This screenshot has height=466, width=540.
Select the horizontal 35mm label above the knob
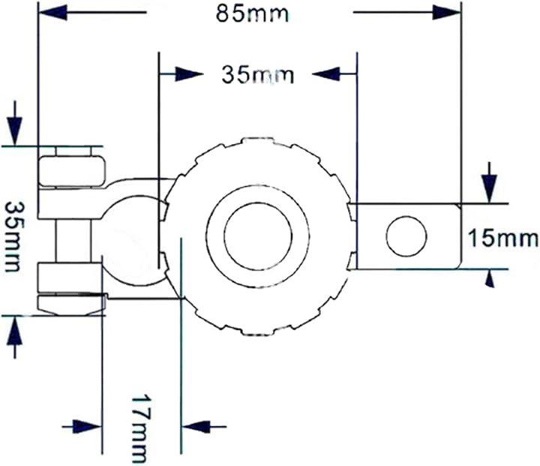click(x=257, y=74)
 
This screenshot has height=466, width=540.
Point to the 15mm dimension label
click(x=502, y=239)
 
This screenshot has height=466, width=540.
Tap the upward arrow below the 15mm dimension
click(x=490, y=279)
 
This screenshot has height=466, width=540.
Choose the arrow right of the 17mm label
click(x=196, y=426)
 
